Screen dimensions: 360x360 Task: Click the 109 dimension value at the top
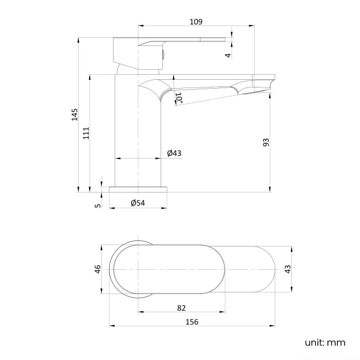pyautogui.click(x=196, y=22)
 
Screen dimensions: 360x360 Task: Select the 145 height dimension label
pyautogui.click(x=74, y=115)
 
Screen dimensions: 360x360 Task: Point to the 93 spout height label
pyautogui.click(x=266, y=142)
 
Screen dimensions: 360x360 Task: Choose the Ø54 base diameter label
pyautogui.click(x=138, y=203)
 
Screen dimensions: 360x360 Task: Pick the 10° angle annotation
pyautogui.click(x=179, y=98)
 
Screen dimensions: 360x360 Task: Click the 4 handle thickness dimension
pyautogui.click(x=228, y=55)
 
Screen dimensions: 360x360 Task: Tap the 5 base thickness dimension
pyautogui.click(x=98, y=205)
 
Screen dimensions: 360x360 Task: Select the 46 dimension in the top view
pyautogui.click(x=97, y=270)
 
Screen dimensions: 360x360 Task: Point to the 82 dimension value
pyautogui.click(x=181, y=308)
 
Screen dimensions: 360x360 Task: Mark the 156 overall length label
pyautogui.click(x=192, y=321)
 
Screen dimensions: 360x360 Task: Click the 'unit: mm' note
pyautogui.click(x=325, y=343)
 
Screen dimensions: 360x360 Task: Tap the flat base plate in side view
pyautogui.click(x=138, y=189)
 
